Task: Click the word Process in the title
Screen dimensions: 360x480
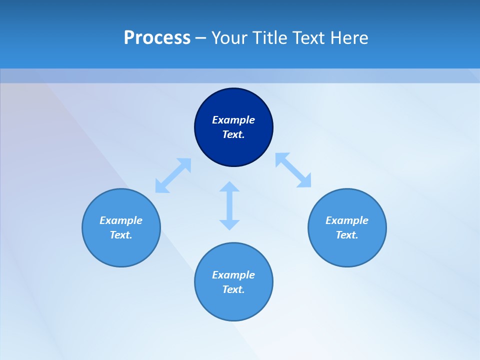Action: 157,38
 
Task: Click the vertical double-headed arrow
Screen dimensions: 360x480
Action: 229,205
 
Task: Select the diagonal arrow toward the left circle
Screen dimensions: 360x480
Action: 173,175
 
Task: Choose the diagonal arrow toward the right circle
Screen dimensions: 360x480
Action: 293,170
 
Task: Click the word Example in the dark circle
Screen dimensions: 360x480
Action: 233,120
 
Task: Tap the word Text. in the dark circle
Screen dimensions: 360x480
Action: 233,134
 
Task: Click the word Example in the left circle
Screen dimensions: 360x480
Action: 121,220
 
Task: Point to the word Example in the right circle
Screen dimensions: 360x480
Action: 347,220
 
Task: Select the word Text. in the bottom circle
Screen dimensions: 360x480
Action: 233,289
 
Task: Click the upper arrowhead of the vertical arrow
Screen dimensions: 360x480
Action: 229,187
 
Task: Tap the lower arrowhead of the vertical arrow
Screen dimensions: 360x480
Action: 229,224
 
